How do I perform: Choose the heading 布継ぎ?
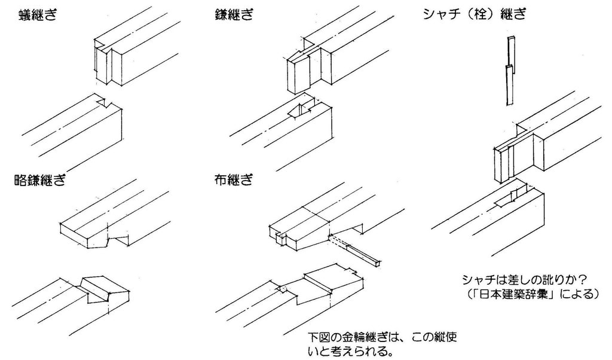point(234,179)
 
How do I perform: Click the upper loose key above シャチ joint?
point(511,51)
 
